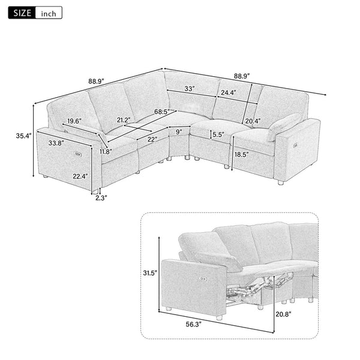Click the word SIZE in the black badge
[20, 12]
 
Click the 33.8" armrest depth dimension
[58, 143]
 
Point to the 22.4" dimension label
[82, 176]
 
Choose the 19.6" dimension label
[75, 121]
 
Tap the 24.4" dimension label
[228, 93]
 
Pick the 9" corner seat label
[179, 131]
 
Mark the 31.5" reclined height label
[150, 273]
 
